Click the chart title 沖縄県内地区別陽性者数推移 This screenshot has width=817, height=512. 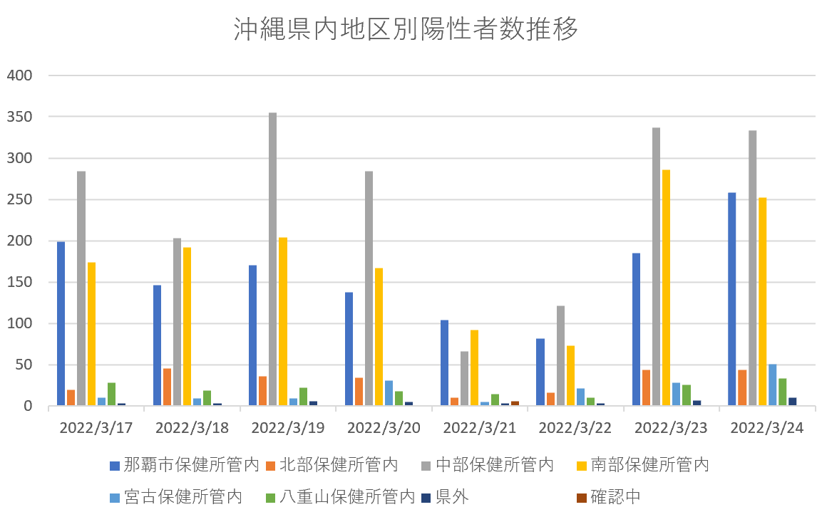click(406, 29)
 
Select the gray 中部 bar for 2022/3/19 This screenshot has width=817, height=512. click(272, 259)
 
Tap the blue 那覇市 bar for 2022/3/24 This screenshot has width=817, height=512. click(731, 299)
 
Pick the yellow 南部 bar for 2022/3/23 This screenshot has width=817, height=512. click(666, 288)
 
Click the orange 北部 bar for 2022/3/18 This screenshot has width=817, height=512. click(167, 387)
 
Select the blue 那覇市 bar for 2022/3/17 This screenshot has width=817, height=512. click(61, 324)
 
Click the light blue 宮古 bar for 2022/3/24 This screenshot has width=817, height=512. click(772, 385)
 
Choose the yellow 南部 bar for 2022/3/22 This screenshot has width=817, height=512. click(570, 376)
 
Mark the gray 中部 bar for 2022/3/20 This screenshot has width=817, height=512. click(369, 288)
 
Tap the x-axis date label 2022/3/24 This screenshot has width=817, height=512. click(767, 428)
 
